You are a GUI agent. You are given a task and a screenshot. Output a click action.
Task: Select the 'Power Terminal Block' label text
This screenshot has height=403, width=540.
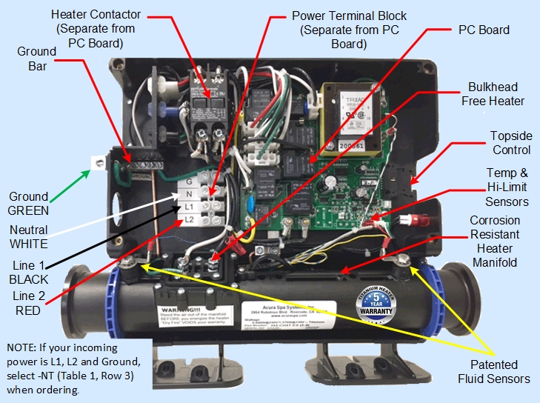coord(349,29)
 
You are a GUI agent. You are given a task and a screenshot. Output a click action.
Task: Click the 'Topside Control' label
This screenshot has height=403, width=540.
coord(511,143)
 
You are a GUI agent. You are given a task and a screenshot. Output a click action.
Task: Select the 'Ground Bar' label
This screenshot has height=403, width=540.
coord(37,59)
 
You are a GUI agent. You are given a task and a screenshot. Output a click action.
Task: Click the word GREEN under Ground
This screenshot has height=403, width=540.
coord(29,211)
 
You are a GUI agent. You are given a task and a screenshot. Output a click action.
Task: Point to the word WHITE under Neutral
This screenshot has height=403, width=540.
coord(29,243)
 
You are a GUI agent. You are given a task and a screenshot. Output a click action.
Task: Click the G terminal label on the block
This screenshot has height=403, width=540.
coord(190,181)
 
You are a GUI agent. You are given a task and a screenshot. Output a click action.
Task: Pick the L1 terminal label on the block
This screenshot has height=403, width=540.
coord(190,206)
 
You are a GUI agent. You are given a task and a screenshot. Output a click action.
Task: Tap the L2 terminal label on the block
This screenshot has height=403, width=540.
coord(190,219)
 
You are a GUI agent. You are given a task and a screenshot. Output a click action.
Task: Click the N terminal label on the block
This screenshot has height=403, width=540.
coord(190,193)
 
